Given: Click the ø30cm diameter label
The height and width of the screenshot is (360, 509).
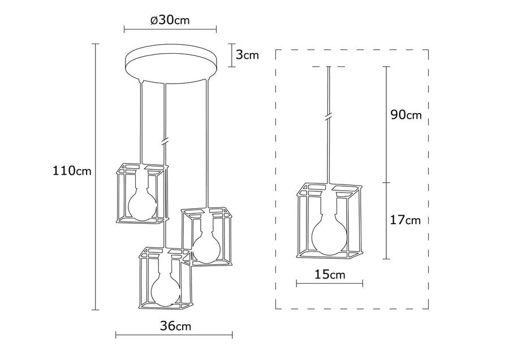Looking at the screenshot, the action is (x=170, y=20).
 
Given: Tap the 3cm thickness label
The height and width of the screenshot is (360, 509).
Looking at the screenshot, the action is (x=247, y=55).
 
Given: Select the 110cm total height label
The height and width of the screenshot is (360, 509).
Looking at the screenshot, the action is (x=72, y=170).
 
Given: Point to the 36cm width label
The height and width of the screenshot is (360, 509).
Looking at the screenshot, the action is (x=175, y=325).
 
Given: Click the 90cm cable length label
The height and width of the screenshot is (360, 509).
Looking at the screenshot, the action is (x=406, y=115).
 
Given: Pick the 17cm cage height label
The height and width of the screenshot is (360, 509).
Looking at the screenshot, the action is (x=405, y=220).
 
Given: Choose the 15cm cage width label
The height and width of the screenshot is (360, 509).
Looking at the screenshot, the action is (x=330, y=275).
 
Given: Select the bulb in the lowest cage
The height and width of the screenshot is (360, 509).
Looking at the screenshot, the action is (x=166, y=286).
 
